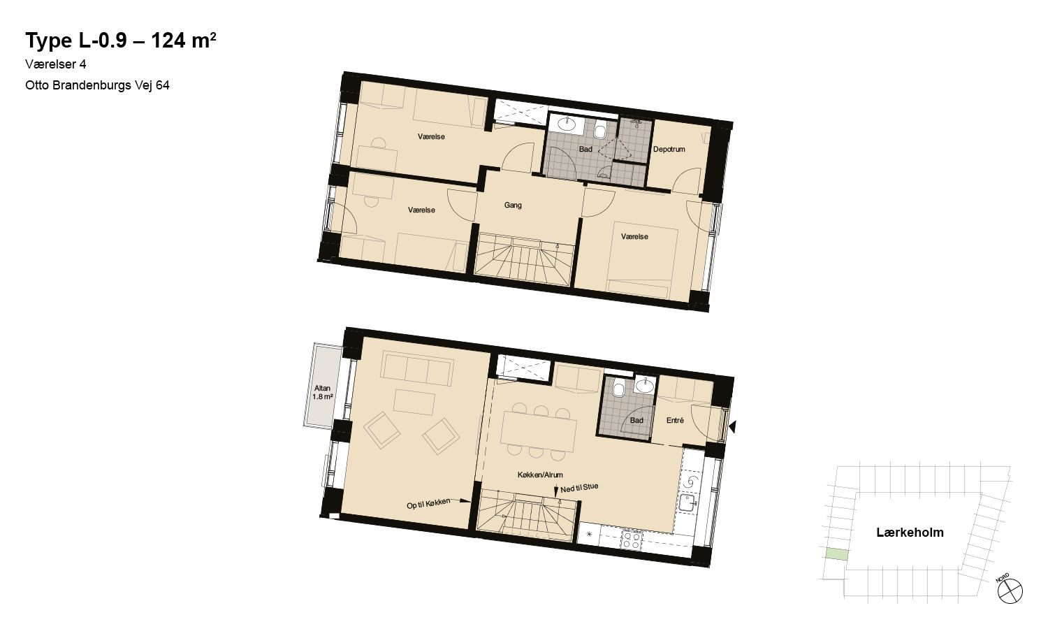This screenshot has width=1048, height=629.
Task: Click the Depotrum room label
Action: tap(669, 150)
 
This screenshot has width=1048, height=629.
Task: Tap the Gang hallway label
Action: tap(513, 205)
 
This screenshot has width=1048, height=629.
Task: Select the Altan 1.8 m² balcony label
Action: tap(322, 392)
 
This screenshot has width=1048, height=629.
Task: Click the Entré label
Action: tap(675, 420)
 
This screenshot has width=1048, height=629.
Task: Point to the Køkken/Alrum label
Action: tap(540, 475)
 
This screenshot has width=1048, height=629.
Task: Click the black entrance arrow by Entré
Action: tap(733, 426)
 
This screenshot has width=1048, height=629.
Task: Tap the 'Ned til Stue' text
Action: tap(579, 488)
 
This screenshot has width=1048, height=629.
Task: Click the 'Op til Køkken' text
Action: tap(428, 504)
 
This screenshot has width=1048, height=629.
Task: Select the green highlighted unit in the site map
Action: tap(836, 554)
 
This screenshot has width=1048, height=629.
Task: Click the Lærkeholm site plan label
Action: tap(910, 533)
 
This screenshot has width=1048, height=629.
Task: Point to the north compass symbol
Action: tap(1010, 591)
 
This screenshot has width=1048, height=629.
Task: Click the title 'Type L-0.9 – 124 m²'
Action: tap(121, 41)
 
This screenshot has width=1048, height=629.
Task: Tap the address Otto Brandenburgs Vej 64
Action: tap(97, 85)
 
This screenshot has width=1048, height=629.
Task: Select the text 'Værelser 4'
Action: tap(56, 64)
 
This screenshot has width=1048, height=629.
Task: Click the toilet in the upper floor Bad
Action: tap(599, 131)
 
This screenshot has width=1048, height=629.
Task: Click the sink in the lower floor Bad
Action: tap(645, 385)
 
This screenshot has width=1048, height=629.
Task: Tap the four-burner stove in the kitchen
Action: tap(631, 540)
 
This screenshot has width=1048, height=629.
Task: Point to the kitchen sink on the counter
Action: tap(687, 504)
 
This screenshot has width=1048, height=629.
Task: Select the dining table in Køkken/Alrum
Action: tap(539, 431)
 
